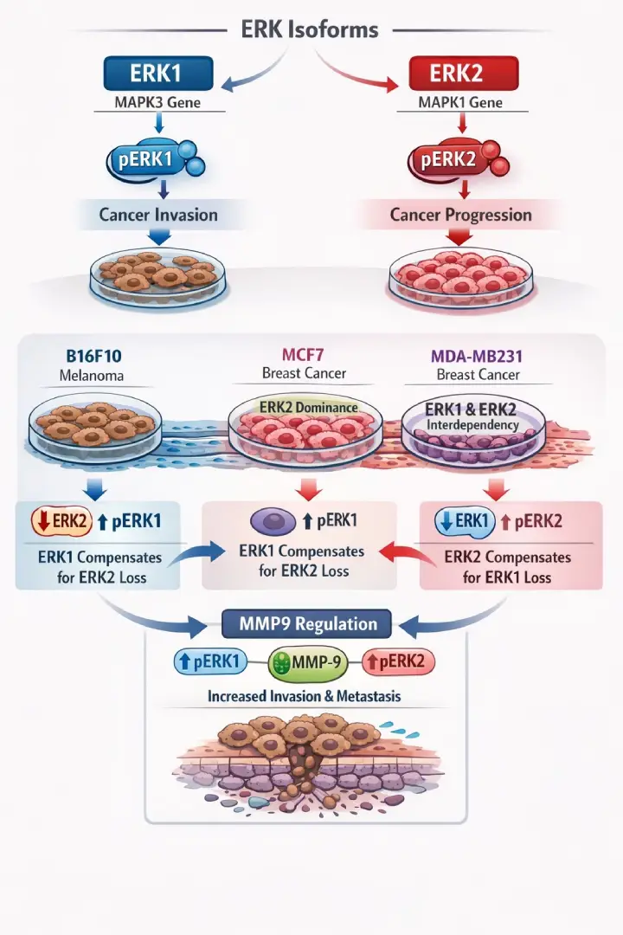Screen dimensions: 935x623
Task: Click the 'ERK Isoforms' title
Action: pos(310,29)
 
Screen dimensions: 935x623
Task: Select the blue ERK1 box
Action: pos(157,74)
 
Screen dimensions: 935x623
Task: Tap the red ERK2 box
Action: pos(456,74)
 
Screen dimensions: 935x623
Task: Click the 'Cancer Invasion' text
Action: pos(158,214)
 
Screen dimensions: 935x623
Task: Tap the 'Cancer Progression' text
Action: pos(460,214)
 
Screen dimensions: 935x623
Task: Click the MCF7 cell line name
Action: pos(304,355)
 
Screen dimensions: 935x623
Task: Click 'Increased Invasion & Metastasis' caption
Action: pos(304,696)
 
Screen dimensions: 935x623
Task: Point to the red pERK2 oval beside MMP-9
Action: pos(398,662)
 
